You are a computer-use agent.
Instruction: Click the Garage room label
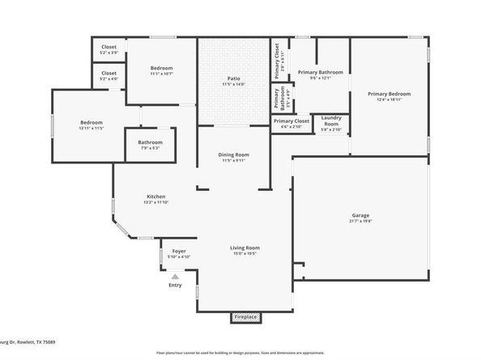[360, 214]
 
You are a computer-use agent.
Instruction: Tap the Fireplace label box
[245, 317]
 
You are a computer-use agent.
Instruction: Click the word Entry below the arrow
[175, 286]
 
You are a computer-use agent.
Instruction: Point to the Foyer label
[179, 252]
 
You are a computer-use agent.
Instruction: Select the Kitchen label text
[155, 197]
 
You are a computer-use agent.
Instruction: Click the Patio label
[233, 78]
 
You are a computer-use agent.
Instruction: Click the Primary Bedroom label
[385, 94]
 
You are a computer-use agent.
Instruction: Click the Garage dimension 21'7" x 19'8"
[360, 221]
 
